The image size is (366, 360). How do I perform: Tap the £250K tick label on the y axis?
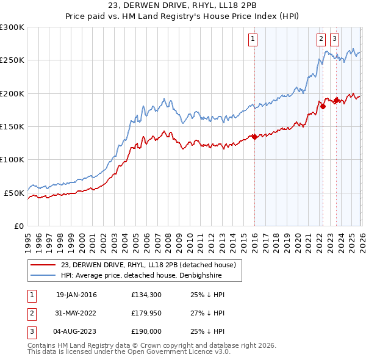pyautogui.click(x=12, y=60)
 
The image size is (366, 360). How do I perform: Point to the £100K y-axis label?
pyautogui.click(x=12, y=159)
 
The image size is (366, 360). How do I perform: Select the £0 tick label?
pyautogui.click(x=18, y=226)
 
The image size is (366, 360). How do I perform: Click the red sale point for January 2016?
pyautogui.click(x=254, y=136)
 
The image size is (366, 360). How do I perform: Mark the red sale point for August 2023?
pyautogui.click(x=336, y=99)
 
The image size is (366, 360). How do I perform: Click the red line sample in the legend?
pyautogui.click(x=43, y=264)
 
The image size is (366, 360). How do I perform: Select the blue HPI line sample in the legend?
pyautogui.click(x=43, y=275)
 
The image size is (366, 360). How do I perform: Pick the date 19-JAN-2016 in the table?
pyautogui.click(x=76, y=295)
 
